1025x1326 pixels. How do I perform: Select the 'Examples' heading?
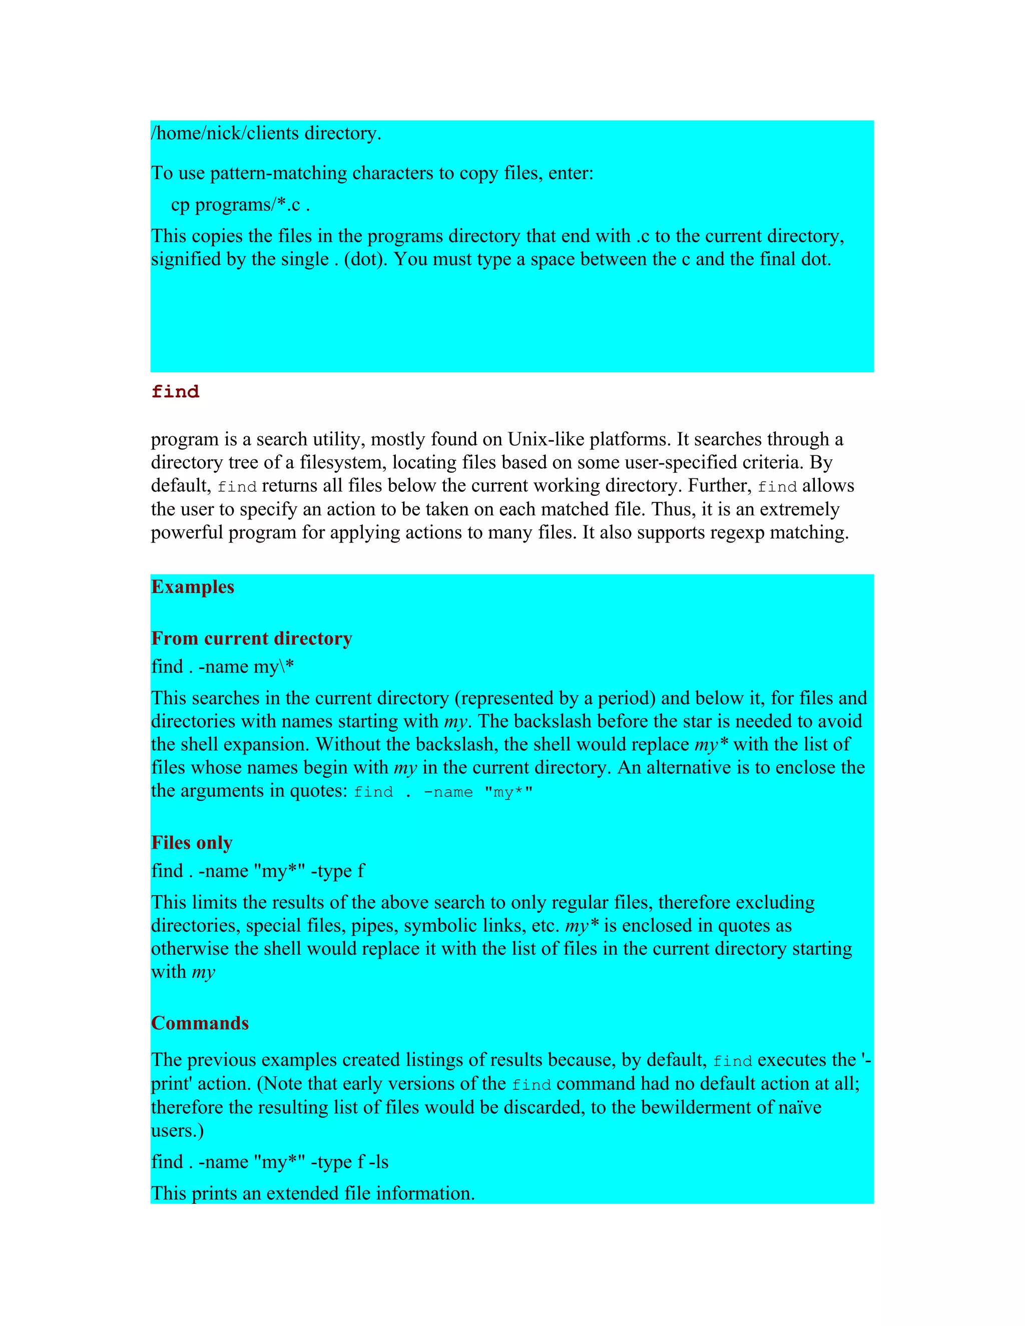[x=193, y=586]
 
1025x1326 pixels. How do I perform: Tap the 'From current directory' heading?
[x=251, y=638]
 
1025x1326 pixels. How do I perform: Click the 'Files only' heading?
[x=192, y=843]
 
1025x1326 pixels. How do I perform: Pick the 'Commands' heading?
[x=200, y=1023]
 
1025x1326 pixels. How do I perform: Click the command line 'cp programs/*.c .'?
[x=240, y=205]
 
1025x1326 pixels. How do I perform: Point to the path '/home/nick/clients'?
[x=225, y=133]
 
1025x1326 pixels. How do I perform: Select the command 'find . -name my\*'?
[x=222, y=667]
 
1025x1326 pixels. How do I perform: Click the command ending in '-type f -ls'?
[x=270, y=1161]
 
